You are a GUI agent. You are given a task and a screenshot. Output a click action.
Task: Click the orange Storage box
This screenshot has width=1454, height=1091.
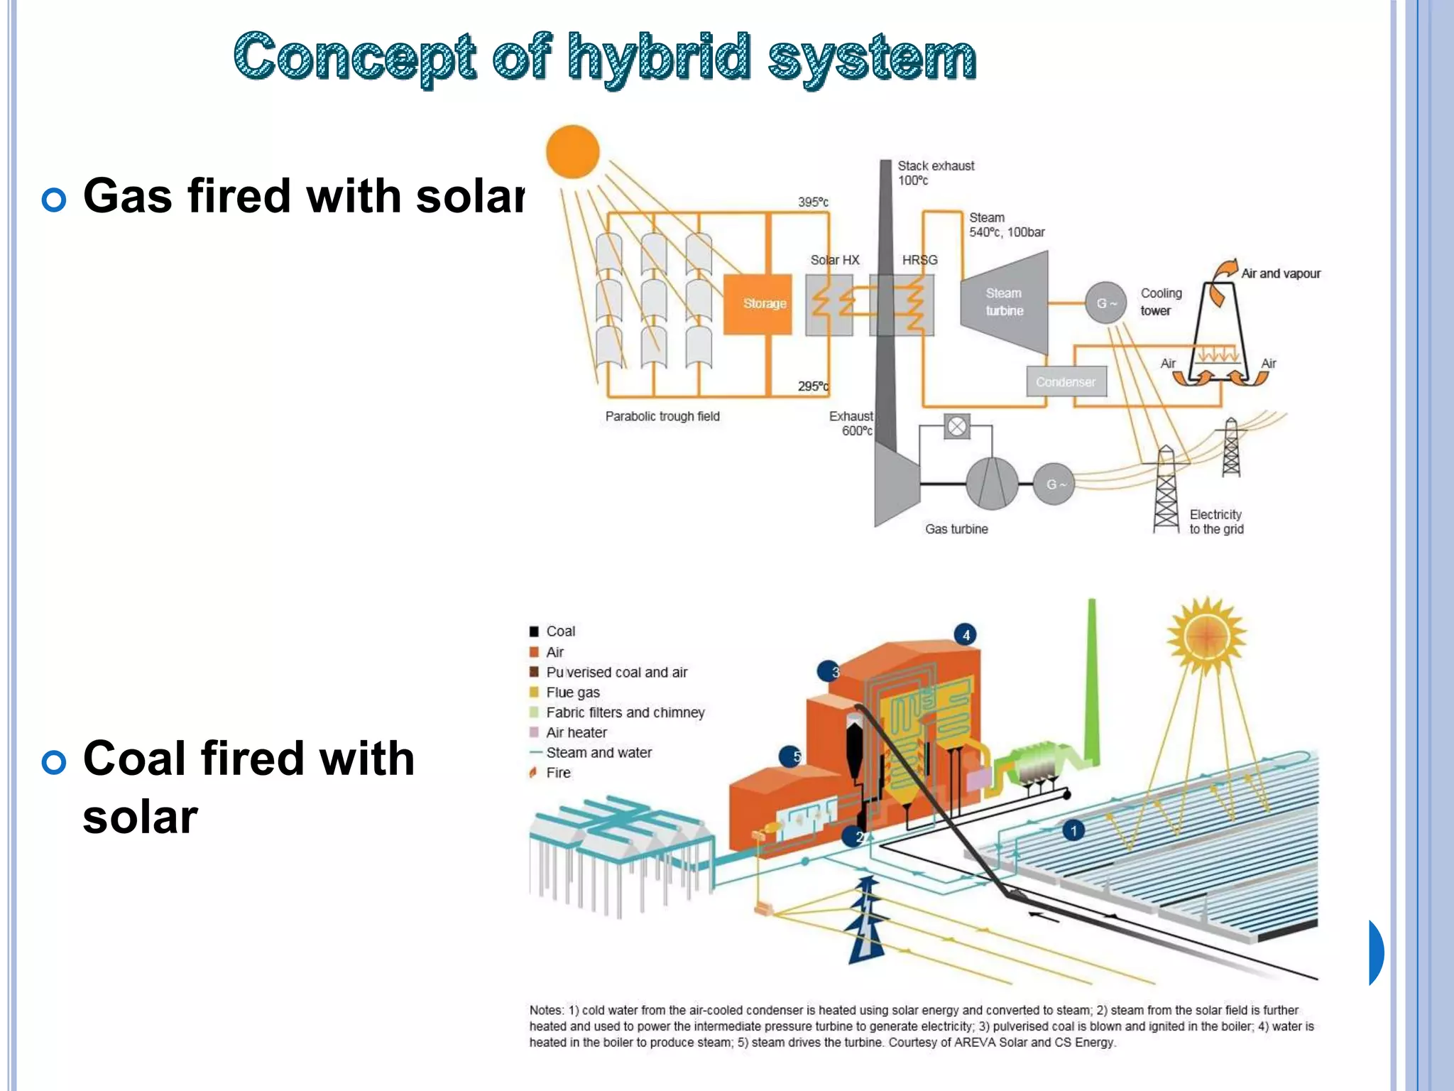758,304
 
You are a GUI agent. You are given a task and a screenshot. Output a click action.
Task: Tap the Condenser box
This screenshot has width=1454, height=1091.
1066,382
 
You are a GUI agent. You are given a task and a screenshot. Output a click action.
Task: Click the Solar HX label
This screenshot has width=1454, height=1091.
835,260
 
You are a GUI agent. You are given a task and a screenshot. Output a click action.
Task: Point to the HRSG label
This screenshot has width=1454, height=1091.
919,260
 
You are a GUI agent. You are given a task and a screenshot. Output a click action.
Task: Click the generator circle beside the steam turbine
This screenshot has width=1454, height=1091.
1105,303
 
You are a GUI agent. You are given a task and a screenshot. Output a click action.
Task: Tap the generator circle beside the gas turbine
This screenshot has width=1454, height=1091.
1054,484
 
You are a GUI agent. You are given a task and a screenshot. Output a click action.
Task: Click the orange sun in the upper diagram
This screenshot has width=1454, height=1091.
572,151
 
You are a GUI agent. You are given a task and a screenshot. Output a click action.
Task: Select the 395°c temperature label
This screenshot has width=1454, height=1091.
813,202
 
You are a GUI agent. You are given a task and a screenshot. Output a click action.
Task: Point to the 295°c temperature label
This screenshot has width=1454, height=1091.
813,386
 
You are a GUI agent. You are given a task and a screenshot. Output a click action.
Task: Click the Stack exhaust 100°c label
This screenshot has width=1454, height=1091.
936,173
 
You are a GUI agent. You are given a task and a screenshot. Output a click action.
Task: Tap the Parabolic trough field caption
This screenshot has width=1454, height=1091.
662,416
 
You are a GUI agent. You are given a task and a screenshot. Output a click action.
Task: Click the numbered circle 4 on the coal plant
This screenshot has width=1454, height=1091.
966,635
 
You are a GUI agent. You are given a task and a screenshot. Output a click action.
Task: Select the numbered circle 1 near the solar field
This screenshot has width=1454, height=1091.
1073,830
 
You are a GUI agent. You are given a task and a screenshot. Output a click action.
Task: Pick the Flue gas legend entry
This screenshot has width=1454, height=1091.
572,693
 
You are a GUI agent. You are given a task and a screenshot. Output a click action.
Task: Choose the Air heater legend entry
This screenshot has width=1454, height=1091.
576,732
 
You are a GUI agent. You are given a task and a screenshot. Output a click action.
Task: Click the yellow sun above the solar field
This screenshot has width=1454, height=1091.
1206,636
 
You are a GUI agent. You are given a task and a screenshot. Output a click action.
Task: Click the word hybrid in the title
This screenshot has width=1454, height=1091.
658,58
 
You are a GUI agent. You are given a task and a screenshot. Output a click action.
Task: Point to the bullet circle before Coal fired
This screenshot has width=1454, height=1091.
54,763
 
